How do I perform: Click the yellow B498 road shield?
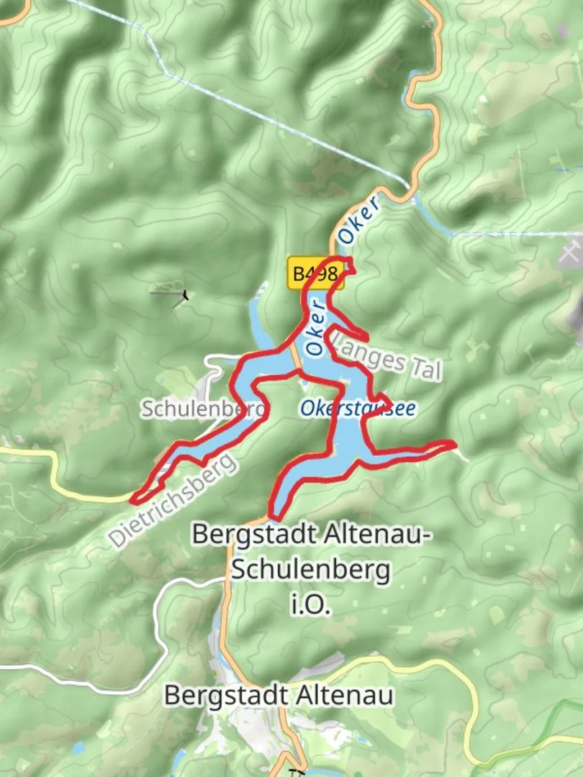pyautogui.click(x=315, y=273)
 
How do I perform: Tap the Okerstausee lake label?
pyautogui.click(x=358, y=409)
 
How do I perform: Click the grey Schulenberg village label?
pyautogui.click(x=204, y=409)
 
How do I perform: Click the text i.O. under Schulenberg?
pyautogui.click(x=310, y=606)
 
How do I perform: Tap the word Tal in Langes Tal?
pyautogui.click(x=425, y=368)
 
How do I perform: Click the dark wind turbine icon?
pyautogui.click(x=185, y=295)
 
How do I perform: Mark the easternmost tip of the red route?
pyautogui.click(x=454, y=444)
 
